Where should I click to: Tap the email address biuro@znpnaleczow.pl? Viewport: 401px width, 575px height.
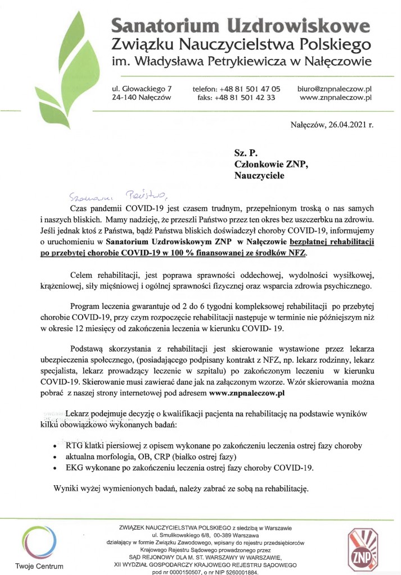(335, 88)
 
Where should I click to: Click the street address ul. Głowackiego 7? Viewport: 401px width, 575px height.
(142, 88)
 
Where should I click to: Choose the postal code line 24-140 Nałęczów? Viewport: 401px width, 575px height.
(141, 97)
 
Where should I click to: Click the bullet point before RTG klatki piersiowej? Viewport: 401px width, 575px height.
(53, 446)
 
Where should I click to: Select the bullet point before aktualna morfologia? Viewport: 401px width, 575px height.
(53, 457)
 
